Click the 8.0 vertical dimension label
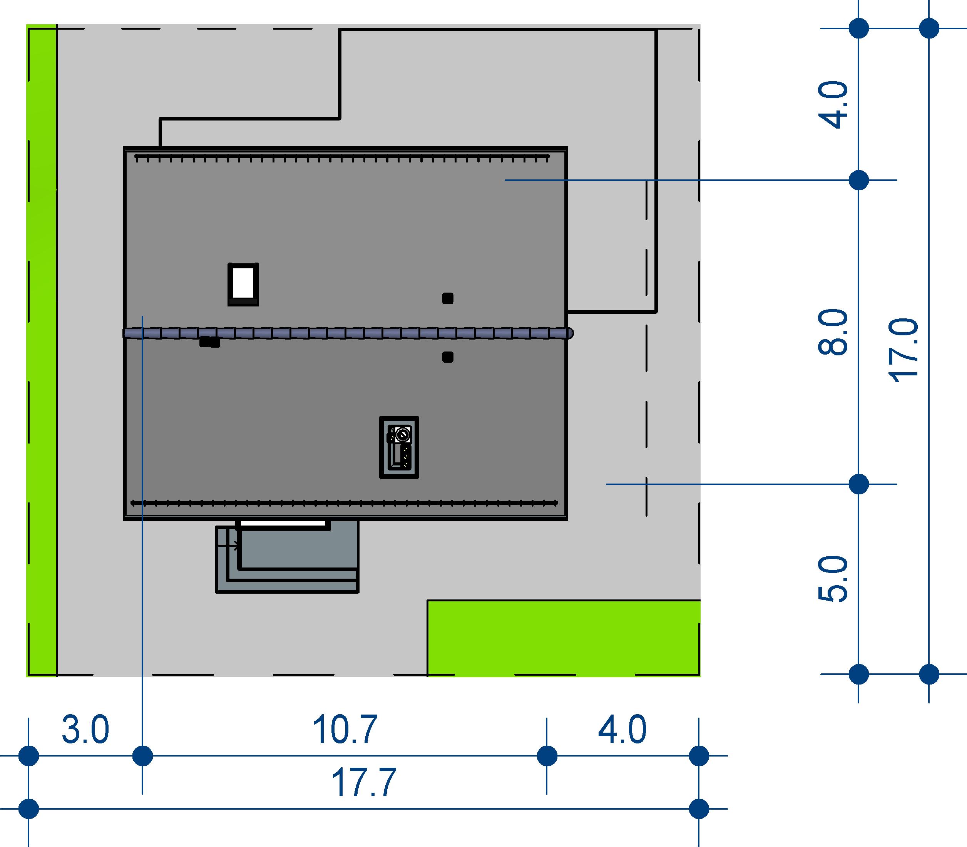(833, 332)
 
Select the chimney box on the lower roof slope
(399, 447)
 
